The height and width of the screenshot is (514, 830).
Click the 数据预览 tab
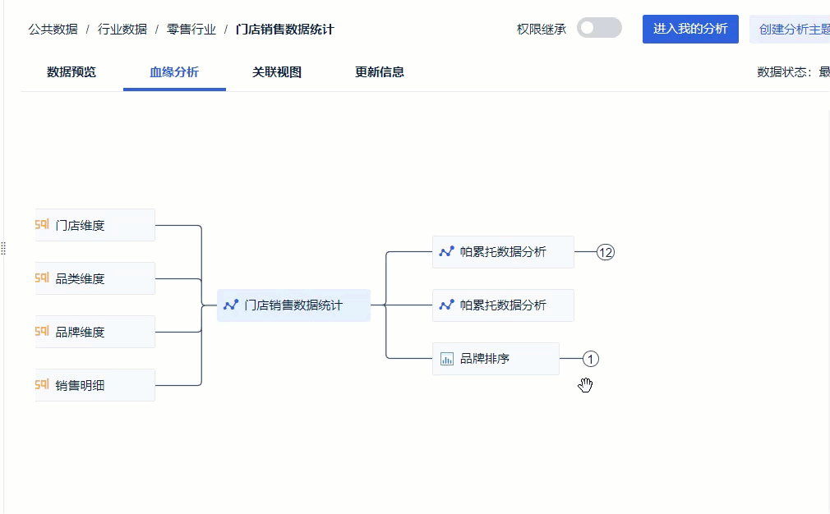tap(71, 72)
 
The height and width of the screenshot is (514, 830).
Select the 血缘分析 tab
tap(174, 72)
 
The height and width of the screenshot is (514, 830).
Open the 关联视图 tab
tap(277, 72)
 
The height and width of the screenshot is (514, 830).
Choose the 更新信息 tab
tap(380, 72)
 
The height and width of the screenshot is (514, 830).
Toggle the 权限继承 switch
tap(599, 28)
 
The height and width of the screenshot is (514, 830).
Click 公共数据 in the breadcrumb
tap(53, 29)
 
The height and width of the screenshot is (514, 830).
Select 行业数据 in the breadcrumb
tap(122, 29)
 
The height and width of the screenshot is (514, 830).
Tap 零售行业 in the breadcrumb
tap(191, 29)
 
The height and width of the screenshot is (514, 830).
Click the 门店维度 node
tap(95, 225)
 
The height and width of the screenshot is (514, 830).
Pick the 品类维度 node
tap(95, 278)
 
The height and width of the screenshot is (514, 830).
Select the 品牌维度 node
tap(95, 332)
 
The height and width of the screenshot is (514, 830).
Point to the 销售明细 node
tap(95, 386)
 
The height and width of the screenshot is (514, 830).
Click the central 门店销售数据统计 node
tap(293, 305)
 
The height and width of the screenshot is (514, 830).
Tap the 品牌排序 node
tap(496, 359)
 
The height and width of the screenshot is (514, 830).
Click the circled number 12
tap(606, 252)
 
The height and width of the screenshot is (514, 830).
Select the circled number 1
tap(591, 359)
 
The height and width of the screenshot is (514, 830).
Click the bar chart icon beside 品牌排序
tap(447, 359)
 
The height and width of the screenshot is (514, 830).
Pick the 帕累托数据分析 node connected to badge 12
tap(504, 252)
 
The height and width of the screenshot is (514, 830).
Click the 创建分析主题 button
tap(790, 29)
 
